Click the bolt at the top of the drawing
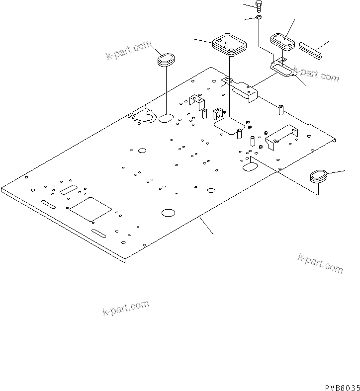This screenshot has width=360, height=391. tap(259, 5)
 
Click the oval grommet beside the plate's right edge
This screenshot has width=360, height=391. tap(318, 175)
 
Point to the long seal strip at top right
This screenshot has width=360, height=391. tap(310, 50)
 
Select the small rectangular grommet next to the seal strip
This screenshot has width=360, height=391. tap(282, 41)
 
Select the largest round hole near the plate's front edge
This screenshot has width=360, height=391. tap(168, 213)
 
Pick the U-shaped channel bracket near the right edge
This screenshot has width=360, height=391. tap(281, 136)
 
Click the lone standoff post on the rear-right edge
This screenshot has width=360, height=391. tap(281, 107)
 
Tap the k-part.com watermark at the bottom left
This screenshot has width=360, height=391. tap(125, 308)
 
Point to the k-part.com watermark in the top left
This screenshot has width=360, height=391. tap(128, 51)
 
